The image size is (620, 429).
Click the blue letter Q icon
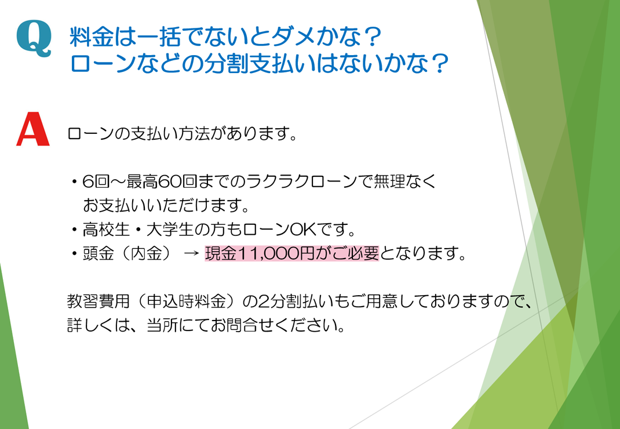coord(34,38)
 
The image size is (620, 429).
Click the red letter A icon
coord(33,129)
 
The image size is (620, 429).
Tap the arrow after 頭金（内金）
coord(191,254)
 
